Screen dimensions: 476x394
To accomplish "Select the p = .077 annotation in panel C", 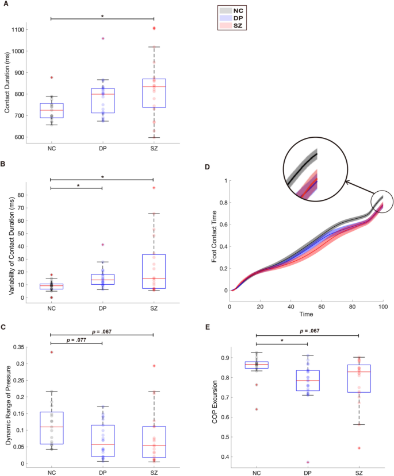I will [76, 340].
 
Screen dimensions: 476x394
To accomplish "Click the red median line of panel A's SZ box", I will [154, 87].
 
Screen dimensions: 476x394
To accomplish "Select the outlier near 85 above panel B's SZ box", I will [154, 188].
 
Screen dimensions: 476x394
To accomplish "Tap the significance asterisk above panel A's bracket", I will [102, 17].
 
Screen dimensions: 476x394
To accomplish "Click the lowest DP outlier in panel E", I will [308, 462].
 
